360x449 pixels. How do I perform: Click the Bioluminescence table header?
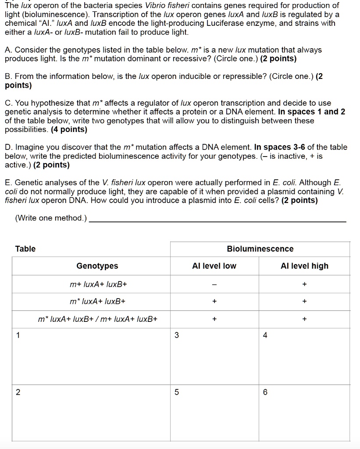pos(260,249)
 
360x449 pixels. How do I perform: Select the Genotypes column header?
pos(97,266)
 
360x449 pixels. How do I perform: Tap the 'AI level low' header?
pos(214,266)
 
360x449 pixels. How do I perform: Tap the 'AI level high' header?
pos(304,266)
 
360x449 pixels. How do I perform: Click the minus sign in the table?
pos(214,285)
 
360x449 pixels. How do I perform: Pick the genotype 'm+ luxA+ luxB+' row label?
pos(98,285)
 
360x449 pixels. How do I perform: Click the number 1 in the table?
pos(18,335)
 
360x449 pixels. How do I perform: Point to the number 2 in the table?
pos(18,392)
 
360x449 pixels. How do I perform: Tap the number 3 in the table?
pos(176,335)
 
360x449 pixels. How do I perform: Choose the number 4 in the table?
pos(265,335)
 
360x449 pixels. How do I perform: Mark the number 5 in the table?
pos(176,392)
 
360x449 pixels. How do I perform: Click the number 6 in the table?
pos(265,392)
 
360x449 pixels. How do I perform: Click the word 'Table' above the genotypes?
pos(25,249)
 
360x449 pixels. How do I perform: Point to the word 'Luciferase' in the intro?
pos(247,23)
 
